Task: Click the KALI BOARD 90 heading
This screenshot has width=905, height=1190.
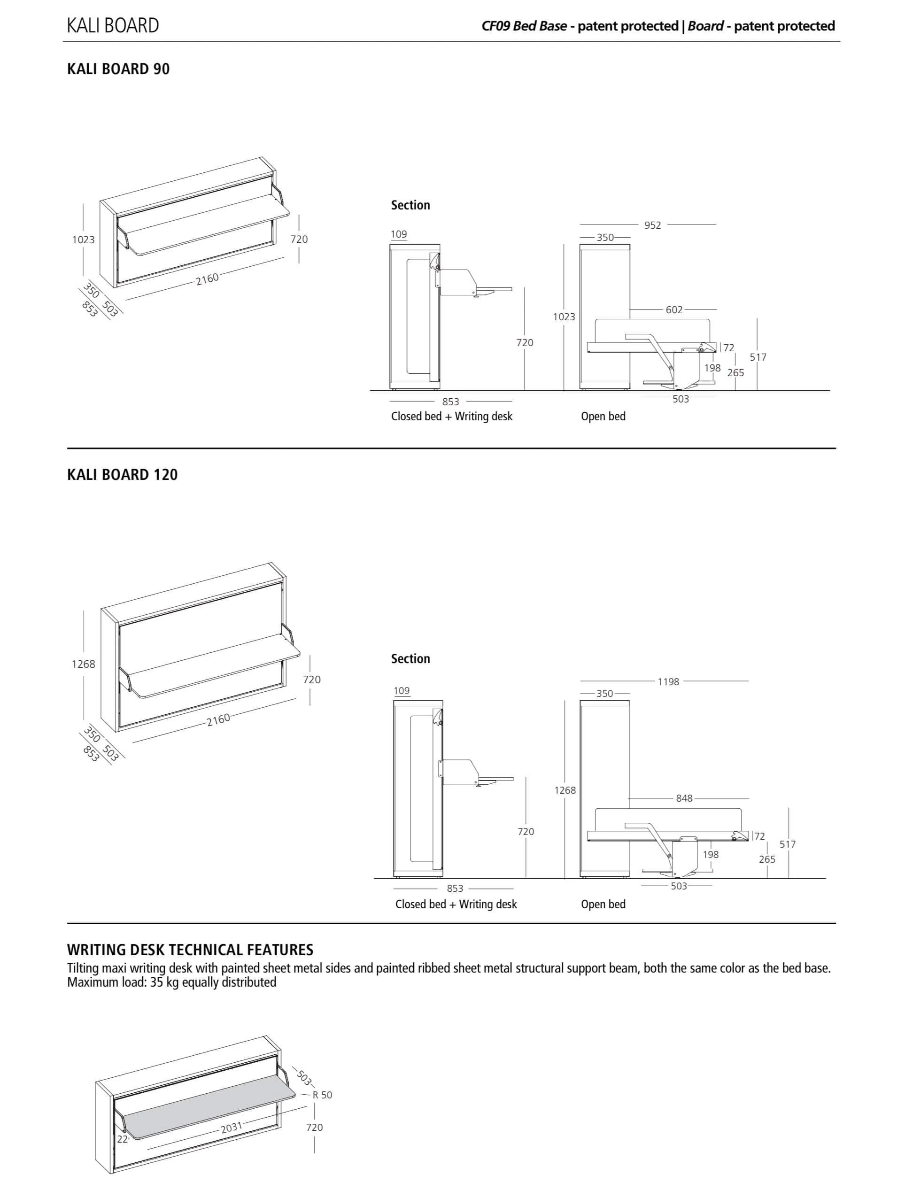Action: pyautogui.click(x=118, y=69)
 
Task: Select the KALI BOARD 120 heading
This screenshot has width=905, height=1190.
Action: pyautogui.click(x=122, y=475)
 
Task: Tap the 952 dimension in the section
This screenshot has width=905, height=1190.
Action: pyautogui.click(x=652, y=225)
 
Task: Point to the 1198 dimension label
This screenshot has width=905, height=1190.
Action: pyautogui.click(x=668, y=682)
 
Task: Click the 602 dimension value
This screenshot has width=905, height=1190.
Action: pyautogui.click(x=674, y=310)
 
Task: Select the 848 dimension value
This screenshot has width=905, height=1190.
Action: pyautogui.click(x=684, y=798)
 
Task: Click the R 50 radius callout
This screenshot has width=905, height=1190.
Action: pyautogui.click(x=322, y=1095)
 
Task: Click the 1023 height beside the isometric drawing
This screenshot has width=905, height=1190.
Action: pyautogui.click(x=84, y=240)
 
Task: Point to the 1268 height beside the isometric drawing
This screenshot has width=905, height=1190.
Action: pyautogui.click(x=84, y=664)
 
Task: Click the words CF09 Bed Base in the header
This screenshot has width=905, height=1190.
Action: pyautogui.click(x=524, y=26)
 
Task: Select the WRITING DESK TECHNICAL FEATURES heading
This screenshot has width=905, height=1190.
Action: pyautogui.click(x=190, y=950)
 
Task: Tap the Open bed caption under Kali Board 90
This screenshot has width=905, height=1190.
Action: pyautogui.click(x=603, y=417)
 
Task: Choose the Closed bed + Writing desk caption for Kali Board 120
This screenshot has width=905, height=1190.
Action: pyautogui.click(x=456, y=904)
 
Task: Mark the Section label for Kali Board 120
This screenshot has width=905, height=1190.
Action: pyautogui.click(x=410, y=659)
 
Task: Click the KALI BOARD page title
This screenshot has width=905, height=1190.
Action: pyautogui.click(x=113, y=25)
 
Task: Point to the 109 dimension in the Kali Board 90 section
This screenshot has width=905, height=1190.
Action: pyautogui.click(x=399, y=234)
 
